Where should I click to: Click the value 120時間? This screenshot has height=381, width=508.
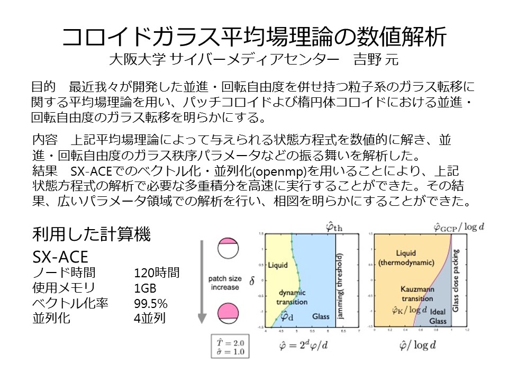(157, 273)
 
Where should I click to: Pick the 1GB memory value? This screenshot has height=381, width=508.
(146, 288)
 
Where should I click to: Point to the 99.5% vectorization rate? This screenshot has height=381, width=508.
(151, 304)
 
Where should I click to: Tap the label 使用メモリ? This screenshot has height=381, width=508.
(63, 288)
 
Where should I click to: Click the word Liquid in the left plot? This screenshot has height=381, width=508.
(277, 265)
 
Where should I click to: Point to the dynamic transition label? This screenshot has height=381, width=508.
(293, 296)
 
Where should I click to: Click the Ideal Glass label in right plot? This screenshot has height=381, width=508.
(438, 316)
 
